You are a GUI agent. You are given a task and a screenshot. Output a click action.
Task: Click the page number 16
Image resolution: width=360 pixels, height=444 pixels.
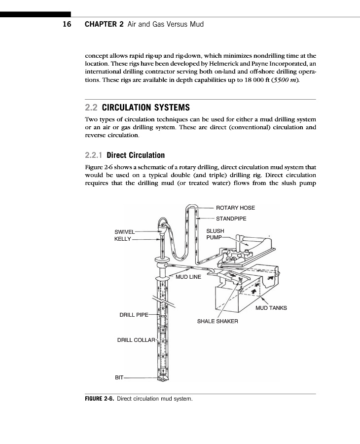point(67,24)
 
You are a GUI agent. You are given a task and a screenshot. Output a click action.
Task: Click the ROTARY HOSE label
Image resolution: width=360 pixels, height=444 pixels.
point(235,208)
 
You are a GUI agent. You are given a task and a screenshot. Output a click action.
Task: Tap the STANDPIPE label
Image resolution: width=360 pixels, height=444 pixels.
point(231,218)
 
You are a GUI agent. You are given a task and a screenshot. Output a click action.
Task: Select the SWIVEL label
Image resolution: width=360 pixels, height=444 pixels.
point(124,231)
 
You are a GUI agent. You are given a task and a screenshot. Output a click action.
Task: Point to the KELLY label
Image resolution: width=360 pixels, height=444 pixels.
point(123,239)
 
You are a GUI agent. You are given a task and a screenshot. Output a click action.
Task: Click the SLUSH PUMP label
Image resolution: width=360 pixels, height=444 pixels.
point(215,234)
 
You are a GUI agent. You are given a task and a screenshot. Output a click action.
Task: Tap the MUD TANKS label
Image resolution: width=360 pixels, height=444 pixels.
point(271,308)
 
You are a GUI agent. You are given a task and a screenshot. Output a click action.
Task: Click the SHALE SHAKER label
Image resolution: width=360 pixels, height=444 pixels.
point(217,321)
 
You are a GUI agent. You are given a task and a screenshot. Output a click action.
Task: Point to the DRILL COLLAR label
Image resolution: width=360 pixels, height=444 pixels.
point(136,340)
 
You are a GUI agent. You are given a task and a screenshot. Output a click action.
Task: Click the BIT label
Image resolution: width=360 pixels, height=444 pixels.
point(119,377)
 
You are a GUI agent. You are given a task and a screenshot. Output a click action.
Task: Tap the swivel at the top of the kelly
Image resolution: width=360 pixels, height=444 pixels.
point(162,227)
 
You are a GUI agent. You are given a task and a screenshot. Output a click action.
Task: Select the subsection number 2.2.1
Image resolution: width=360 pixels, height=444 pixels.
point(94,155)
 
